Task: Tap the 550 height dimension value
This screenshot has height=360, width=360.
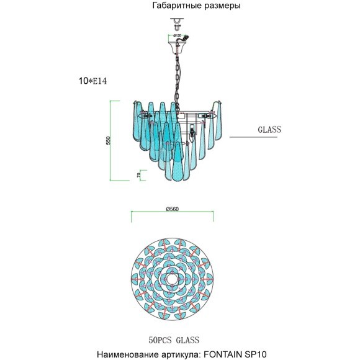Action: [x=107, y=141]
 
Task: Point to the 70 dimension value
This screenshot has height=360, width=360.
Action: [x=138, y=176]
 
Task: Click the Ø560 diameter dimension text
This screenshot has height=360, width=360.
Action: [x=173, y=209]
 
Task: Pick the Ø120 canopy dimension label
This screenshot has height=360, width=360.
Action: [x=177, y=36]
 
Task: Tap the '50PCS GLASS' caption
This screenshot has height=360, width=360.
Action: [x=174, y=340]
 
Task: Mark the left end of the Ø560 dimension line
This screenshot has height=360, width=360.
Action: [x=131, y=215]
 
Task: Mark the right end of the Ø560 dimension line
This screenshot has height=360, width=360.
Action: [x=214, y=215]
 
